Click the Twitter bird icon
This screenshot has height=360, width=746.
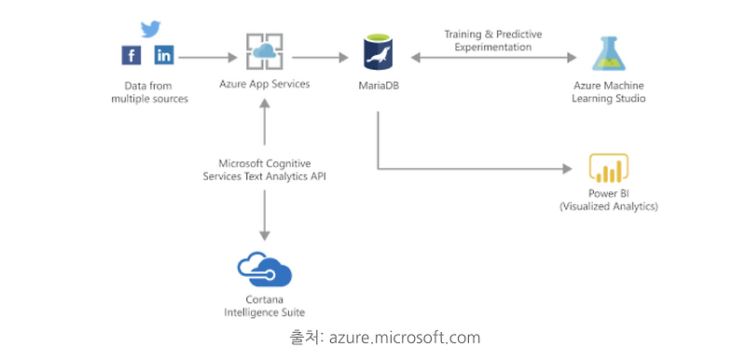(148, 30)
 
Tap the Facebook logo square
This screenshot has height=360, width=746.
(131, 56)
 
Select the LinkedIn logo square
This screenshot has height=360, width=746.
(164, 56)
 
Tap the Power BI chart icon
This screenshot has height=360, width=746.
(608, 169)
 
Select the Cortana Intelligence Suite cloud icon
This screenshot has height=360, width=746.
(265, 270)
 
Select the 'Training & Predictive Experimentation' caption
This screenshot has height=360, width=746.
(493, 40)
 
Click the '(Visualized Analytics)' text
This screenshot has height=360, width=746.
(609, 206)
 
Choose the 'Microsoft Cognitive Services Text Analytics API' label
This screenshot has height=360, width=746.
(265, 169)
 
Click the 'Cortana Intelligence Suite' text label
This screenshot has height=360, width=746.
(266, 305)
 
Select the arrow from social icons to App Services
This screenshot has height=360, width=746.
(205, 57)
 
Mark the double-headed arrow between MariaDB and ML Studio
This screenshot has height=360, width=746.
(493, 58)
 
